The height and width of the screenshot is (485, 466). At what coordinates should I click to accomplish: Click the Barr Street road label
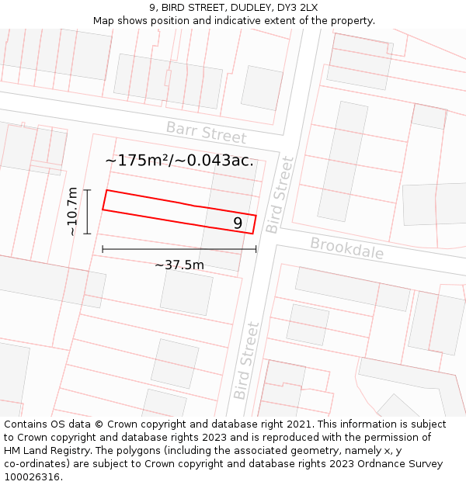tap(206, 133)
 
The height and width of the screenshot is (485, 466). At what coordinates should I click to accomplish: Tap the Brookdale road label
tap(347, 248)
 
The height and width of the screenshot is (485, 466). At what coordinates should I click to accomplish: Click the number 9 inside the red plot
tap(238, 223)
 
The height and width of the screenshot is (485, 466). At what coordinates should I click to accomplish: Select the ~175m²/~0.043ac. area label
tap(179, 161)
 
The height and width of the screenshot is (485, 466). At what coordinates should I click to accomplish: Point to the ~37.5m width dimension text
tap(179, 265)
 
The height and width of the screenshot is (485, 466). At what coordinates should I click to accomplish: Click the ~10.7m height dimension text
tap(72, 211)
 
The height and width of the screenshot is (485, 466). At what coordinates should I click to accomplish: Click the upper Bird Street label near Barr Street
tap(280, 194)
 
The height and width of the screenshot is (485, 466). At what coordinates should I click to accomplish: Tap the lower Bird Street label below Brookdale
tap(245, 360)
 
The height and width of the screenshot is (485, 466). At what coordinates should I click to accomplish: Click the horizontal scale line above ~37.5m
tap(179, 249)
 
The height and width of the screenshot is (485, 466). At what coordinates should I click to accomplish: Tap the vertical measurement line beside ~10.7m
tap(88, 211)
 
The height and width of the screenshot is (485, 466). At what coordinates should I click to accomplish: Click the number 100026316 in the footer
tap(33, 477)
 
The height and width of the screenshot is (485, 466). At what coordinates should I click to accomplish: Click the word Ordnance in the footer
tap(390, 464)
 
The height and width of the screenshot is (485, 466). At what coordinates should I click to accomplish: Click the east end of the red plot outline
tap(255, 223)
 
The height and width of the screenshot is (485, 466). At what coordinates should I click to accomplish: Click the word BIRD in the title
tap(176, 8)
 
